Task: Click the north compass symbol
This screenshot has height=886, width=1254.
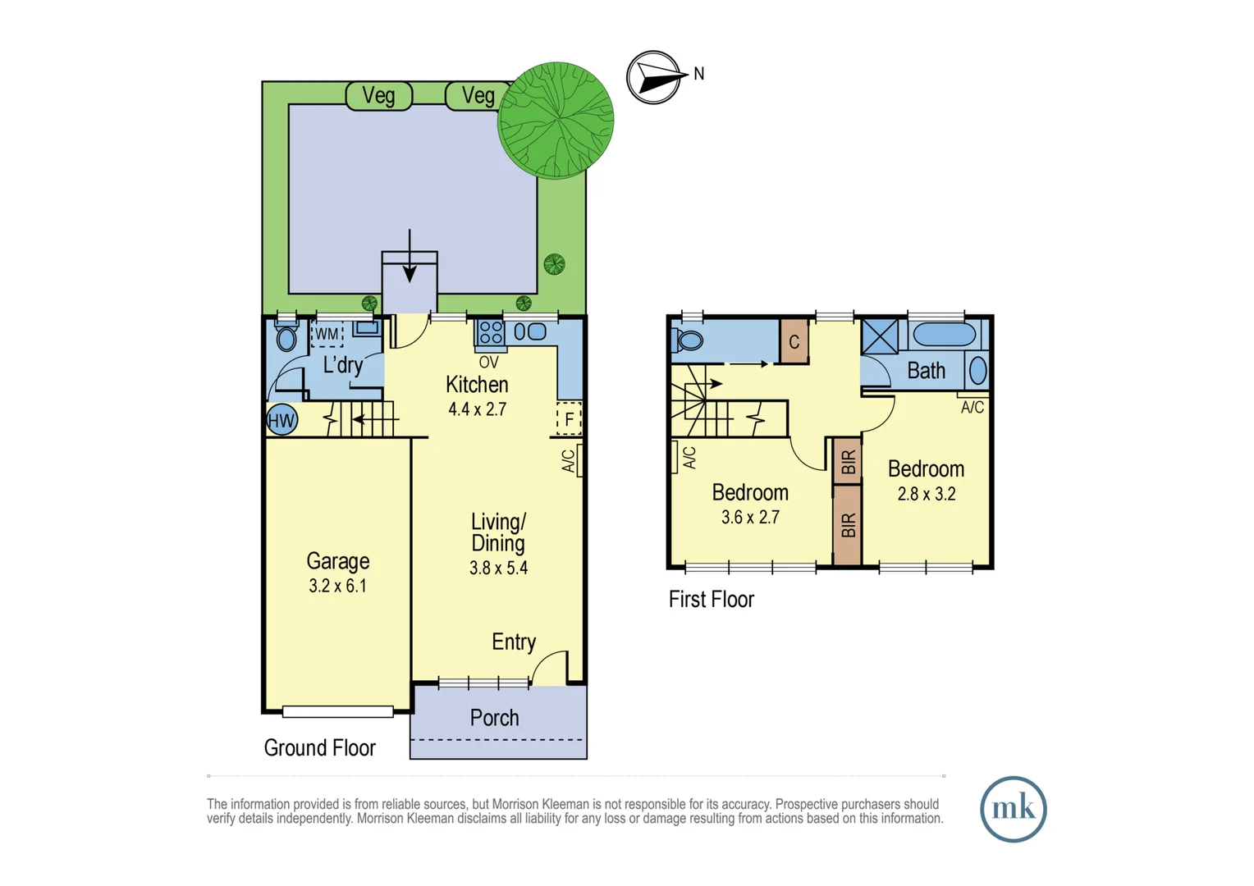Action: pos(655,78)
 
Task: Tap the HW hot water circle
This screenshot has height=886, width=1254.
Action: pos(281,421)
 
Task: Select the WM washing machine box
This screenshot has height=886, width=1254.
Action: pos(327,334)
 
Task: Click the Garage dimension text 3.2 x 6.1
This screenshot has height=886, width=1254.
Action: pos(337,586)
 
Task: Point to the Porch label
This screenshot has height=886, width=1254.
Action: pos(494,718)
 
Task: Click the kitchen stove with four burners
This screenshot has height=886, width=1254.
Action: pos(491,332)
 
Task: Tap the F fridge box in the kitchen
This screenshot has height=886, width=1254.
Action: pos(569,419)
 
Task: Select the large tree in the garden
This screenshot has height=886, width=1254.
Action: pos(556,120)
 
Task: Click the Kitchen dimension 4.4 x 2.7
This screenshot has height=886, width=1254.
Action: pos(477,409)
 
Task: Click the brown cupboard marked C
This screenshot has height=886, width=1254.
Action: pos(794,341)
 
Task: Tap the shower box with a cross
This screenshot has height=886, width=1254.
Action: pos(880,337)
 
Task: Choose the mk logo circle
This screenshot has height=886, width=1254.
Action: pos(1013,809)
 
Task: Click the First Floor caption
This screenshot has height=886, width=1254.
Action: pos(711,600)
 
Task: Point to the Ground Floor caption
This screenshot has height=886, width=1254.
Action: pos(319,748)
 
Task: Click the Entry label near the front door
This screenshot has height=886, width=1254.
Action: pos(514,642)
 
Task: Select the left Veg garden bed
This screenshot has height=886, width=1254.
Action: pos(378,96)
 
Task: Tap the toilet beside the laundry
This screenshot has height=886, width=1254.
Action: pos(286,337)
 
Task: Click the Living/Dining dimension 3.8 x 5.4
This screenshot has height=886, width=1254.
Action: pos(498,568)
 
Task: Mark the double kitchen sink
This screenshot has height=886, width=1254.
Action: pos(530,332)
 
